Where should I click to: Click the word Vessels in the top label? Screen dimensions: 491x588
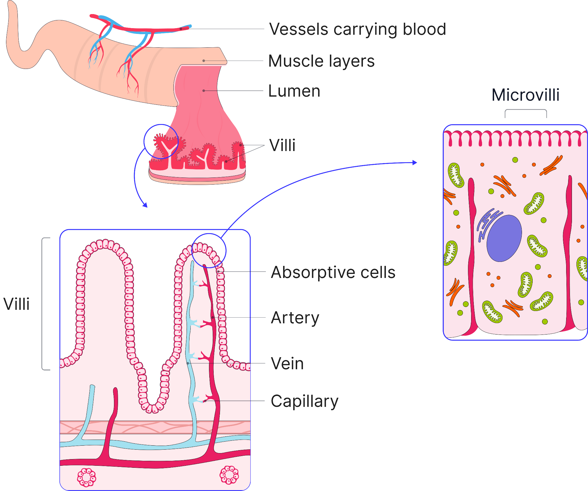tap(299, 29)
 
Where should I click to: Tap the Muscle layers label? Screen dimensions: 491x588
tap(321, 61)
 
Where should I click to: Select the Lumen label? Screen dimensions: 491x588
tap(294, 91)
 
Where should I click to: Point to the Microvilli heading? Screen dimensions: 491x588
tap(525, 95)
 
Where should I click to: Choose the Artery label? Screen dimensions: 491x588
tap(295, 318)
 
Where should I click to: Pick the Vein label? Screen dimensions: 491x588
tap(287, 364)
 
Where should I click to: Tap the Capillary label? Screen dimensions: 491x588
tap(304, 401)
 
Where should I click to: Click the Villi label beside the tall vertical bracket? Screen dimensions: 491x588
tap(16, 304)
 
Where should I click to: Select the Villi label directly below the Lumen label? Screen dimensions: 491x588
tap(282, 145)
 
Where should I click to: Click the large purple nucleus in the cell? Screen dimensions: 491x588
tap(504, 238)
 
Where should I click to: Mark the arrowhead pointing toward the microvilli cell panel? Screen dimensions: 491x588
tap(415, 163)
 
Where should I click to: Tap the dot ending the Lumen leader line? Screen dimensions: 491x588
tap(204, 91)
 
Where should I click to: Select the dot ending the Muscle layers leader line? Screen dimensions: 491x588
tap(204, 61)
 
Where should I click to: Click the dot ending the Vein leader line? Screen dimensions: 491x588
tap(188, 363)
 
